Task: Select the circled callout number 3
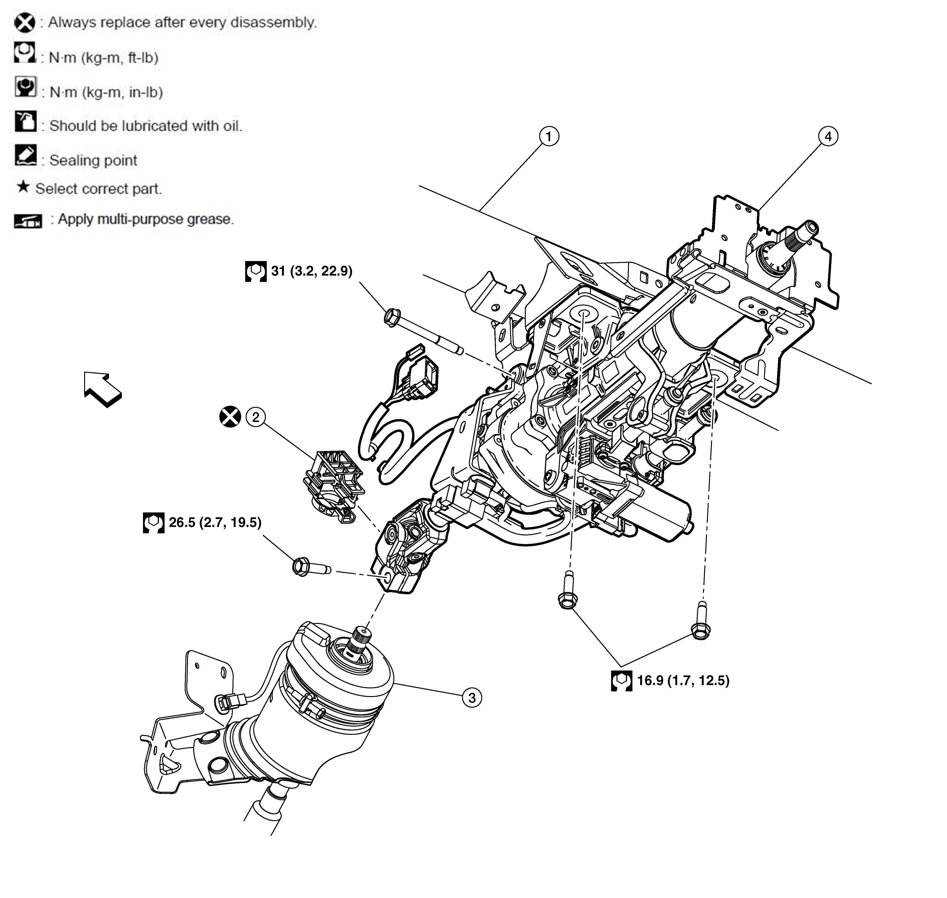click(x=472, y=697)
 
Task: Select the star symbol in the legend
click(x=23, y=187)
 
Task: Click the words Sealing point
click(x=93, y=160)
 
